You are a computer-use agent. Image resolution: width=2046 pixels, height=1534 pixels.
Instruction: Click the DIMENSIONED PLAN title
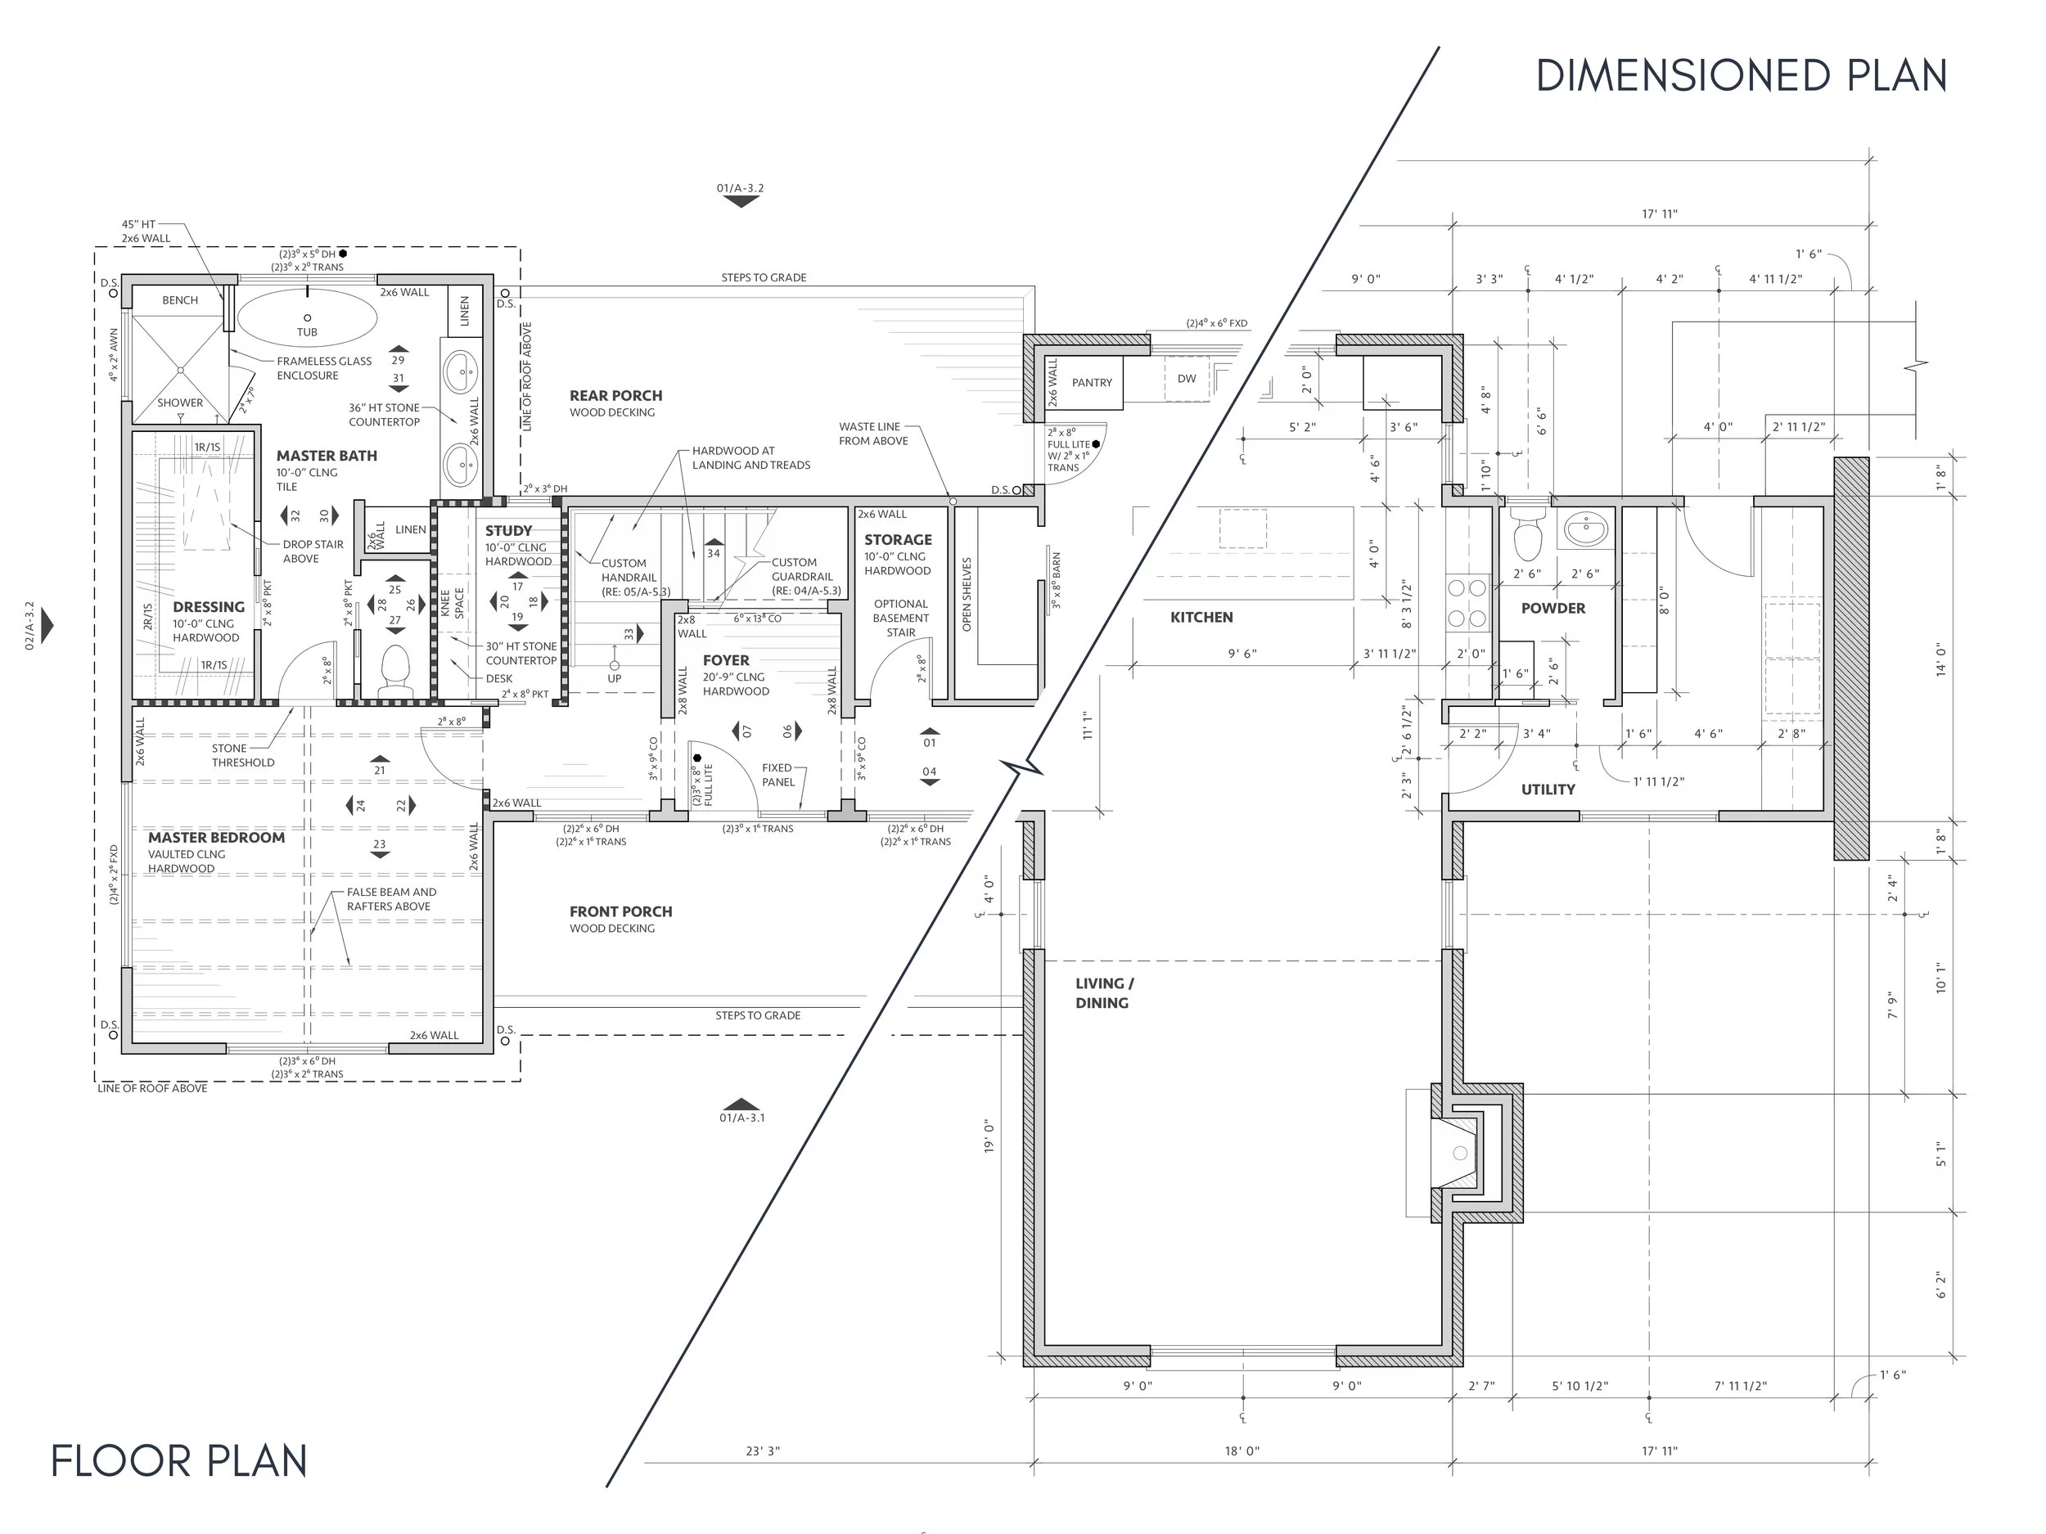(1741, 76)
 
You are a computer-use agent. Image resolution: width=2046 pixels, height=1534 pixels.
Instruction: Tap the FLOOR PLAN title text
(178, 1461)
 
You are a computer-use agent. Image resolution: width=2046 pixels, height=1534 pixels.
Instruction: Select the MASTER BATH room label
(327, 456)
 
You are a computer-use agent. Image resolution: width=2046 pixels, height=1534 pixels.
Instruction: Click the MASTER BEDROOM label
(216, 838)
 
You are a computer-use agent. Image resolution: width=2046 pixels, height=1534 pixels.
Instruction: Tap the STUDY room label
(509, 531)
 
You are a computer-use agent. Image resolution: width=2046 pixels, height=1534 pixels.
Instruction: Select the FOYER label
(726, 660)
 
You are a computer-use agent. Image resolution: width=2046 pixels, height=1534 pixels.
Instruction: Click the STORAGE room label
(898, 540)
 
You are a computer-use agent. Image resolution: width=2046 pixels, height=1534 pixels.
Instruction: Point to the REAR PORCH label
(616, 396)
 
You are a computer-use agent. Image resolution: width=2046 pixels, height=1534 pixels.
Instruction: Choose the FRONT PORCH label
(620, 911)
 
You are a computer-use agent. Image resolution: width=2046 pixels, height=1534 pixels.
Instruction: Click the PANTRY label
(1092, 383)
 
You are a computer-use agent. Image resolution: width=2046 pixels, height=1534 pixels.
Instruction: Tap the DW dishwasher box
(1187, 379)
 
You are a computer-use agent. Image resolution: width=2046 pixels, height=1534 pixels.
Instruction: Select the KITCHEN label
(1201, 618)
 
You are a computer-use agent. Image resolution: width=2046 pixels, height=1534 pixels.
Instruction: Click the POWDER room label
(1553, 609)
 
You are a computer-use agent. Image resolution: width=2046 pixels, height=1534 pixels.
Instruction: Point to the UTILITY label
(1548, 789)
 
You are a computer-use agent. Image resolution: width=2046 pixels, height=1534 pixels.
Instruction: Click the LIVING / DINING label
(1103, 993)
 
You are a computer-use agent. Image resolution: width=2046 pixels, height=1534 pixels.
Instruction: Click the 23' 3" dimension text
(763, 1451)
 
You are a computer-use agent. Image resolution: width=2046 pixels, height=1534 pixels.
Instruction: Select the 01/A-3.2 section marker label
(740, 189)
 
